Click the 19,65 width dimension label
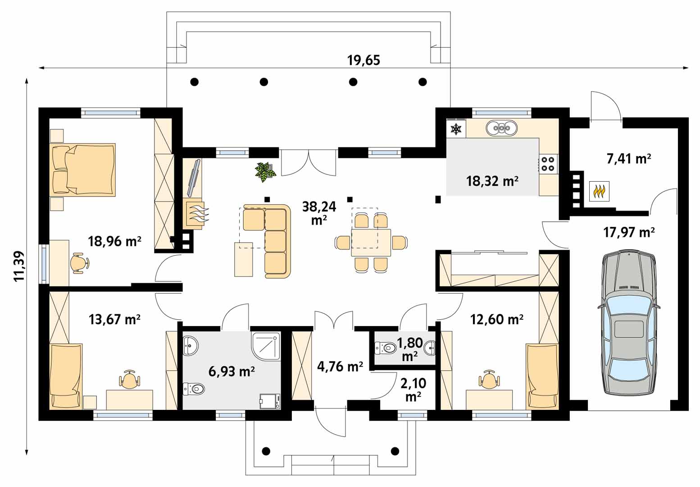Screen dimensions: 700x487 tap(364, 60)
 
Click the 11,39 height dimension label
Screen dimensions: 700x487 tap(19, 266)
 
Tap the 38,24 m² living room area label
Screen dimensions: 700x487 tap(319, 213)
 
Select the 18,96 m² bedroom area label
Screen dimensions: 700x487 tap(114, 241)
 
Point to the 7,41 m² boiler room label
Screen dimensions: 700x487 tap(629, 159)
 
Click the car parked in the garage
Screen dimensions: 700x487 tap(628, 322)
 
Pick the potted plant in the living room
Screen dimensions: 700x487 tap(265, 172)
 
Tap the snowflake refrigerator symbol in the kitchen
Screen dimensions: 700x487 tap(456, 129)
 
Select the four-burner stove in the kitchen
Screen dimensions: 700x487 tap(547, 164)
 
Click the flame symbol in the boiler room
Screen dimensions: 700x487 tap(599, 191)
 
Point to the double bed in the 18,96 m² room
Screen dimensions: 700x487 tap(82, 170)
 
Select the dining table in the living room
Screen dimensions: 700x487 tap(371, 243)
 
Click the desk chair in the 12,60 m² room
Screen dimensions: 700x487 tap(489, 379)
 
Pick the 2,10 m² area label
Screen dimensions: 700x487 tap(413, 390)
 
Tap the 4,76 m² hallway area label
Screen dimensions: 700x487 tap(340, 366)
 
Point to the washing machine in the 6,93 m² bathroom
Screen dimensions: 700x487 tap(270, 401)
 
